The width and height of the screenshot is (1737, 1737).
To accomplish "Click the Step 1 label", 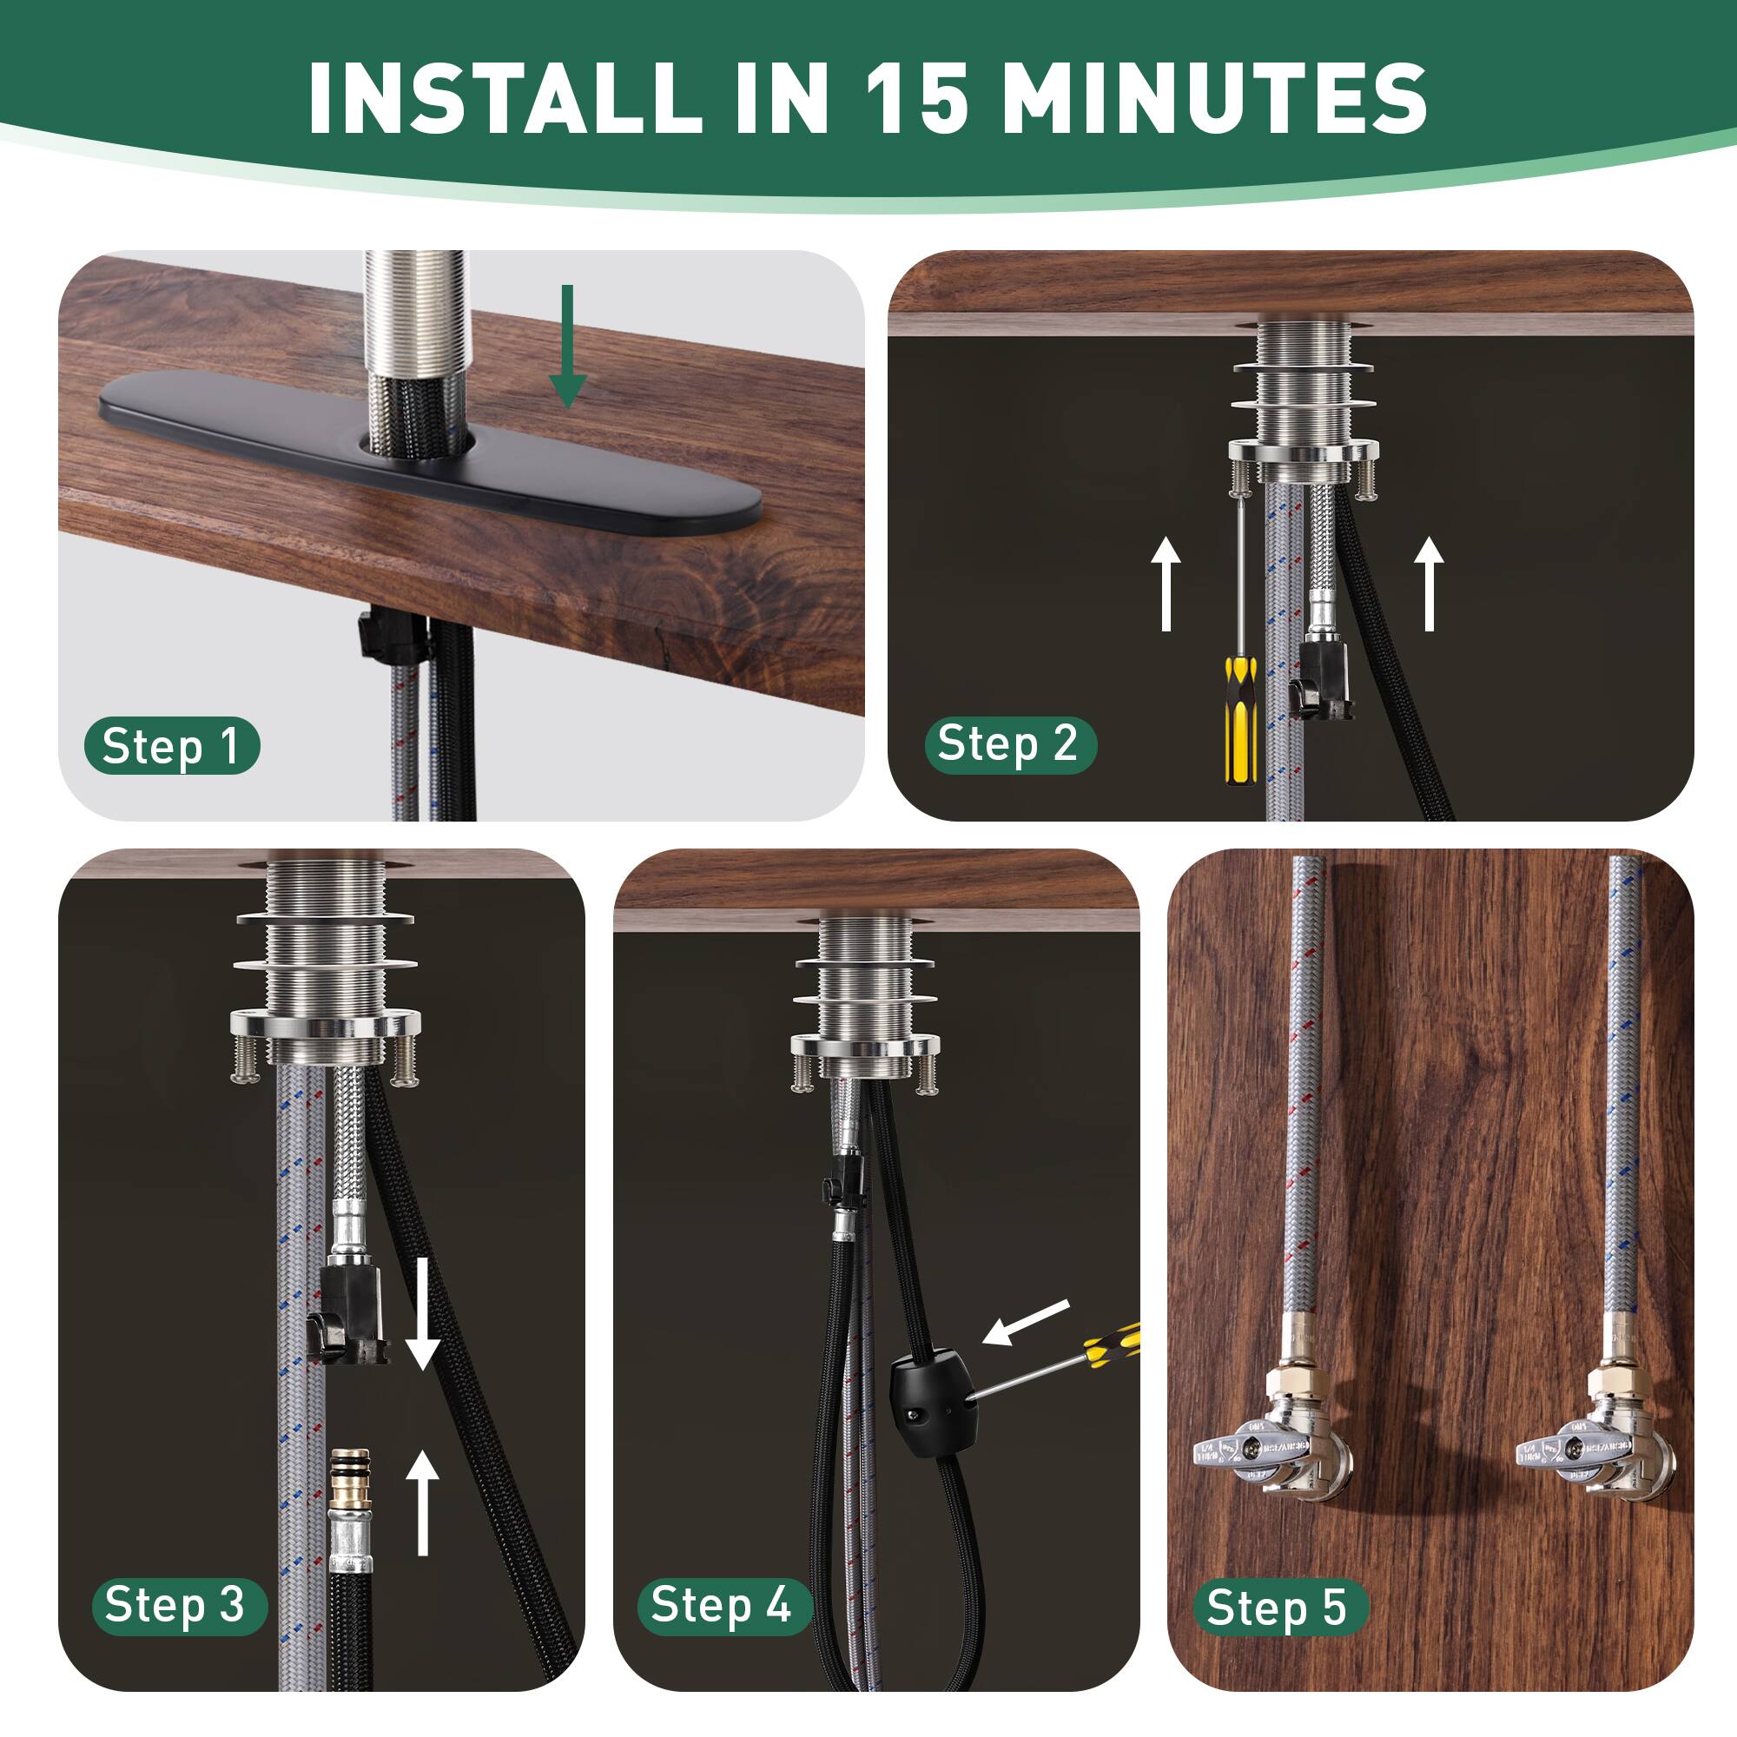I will tap(171, 746).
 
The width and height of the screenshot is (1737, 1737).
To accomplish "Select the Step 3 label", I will tap(178, 1606).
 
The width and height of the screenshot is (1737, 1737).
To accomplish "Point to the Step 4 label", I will tap(723, 1606).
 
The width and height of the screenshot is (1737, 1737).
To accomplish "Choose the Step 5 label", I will tap(1278, 1608).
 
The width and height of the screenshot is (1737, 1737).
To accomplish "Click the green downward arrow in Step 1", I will tap(567, 347).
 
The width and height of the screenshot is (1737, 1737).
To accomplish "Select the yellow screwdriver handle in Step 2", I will tap(1240, 719).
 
